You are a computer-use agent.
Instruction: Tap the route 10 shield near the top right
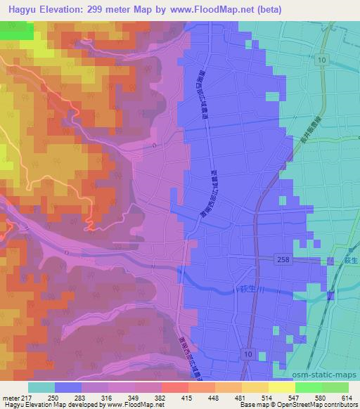point(321,61)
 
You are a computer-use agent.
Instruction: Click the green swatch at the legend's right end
point(335,388)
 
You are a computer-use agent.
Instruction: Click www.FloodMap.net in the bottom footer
point(136,405)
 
